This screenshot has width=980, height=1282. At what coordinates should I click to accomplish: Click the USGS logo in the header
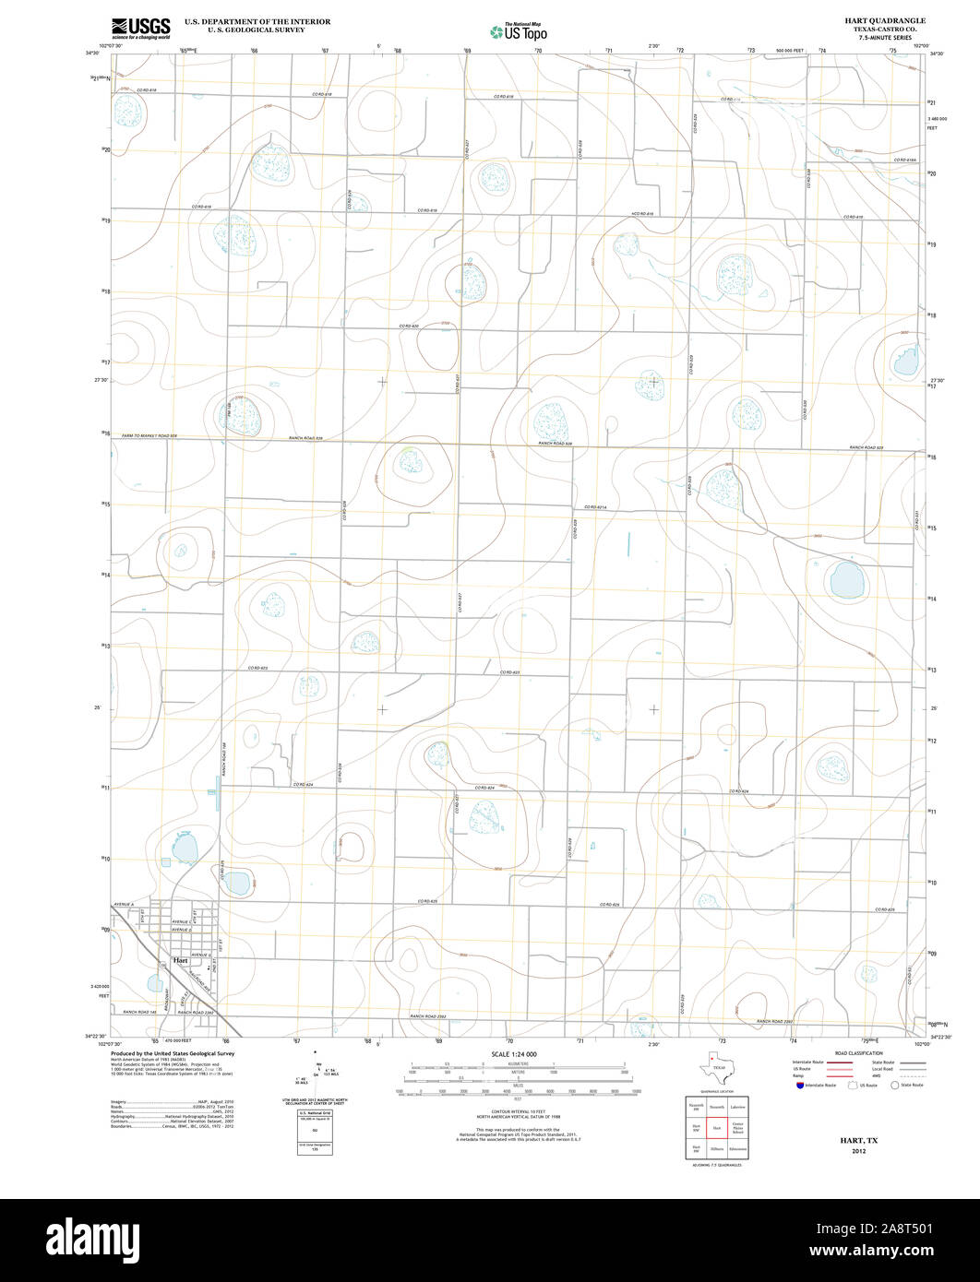[x=140, y=29]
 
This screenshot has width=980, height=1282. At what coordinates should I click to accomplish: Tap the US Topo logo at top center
[x=518, y=31]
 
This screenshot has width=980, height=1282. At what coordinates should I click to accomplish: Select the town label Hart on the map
[x=180, y=960]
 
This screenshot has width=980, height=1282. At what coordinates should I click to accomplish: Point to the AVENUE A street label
[x=124, y=904]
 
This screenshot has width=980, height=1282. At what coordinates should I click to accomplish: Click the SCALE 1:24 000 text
[x=514, y=1054]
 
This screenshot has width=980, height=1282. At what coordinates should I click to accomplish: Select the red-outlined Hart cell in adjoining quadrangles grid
[x=716, y=1127]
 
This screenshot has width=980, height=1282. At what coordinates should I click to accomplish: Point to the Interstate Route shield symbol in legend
[x=798, y=1085]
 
